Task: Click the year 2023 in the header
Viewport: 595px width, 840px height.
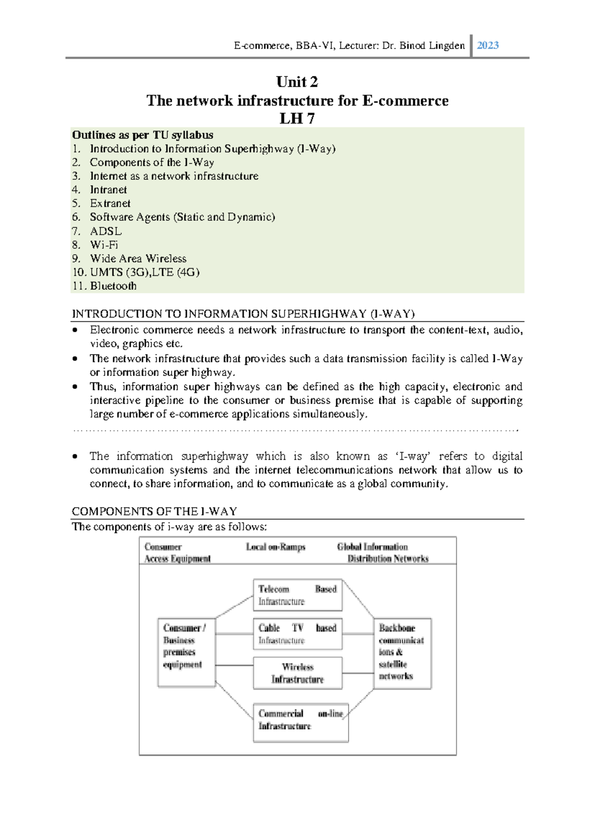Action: pyautogui.click(x=487, y=46)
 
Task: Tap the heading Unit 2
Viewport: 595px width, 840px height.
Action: pyautogui.click(x=297, y=82)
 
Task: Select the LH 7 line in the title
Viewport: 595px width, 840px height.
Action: pyautogui.click(x=297, y=119)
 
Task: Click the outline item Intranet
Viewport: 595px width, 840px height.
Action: pyautogui.click(x=108, y=190)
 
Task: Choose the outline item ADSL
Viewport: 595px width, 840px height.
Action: pyautogui.click(x=106, y=231)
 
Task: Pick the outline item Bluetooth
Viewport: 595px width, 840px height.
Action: pyautogui.click(x=113, y=286)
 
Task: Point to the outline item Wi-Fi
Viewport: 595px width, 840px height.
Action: pyautogui.click(x=104, y=245)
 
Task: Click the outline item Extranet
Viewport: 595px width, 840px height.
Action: pyautogui.click(x=110, y=204)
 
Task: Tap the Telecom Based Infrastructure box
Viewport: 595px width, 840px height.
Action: pyautogui.click(x=297, y=595)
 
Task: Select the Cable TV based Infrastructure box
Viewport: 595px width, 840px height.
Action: pyautogui.click(x=297, y=634)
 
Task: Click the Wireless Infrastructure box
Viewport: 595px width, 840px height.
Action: pyautogui.click(x=297, y=673)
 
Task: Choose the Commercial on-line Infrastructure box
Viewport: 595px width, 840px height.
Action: pyautogui.click(x=300, y=722)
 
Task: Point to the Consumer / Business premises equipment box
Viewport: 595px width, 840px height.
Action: pyautogui.click(x=186, y=652)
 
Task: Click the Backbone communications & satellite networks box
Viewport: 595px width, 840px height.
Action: pyautogui.click(x=402, y=653)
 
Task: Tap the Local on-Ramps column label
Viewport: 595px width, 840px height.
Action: pyautogui.click(x=276, y=547)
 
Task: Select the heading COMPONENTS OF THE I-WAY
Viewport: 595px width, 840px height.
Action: pyautogui.click(x=154, y=512)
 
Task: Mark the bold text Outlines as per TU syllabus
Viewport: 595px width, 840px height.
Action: pyautogui.click(x=143, y=135)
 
